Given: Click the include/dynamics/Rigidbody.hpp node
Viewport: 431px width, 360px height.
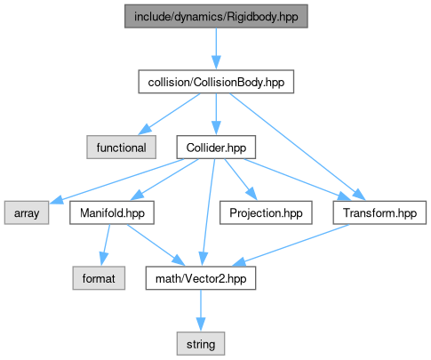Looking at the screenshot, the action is tap(216, 16).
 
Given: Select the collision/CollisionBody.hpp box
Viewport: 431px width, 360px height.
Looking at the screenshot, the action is tap(216, 82).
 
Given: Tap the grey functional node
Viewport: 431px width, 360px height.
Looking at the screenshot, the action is tap(121, 148).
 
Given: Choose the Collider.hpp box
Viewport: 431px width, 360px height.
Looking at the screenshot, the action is tap(216, 148).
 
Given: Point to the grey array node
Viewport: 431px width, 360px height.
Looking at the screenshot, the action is tap(27, 212).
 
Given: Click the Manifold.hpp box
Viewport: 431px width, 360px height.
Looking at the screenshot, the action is tap(112, 212).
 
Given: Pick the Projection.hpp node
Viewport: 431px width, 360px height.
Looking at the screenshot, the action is tap(266, 212).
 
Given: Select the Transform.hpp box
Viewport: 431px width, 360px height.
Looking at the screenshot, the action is tap(379, 212).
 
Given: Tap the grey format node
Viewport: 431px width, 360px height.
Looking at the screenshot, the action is tap(99, 278).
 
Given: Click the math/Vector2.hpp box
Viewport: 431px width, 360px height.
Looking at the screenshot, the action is tap(201, 278).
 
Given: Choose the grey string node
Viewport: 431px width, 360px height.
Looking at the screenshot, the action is tap(201, 344).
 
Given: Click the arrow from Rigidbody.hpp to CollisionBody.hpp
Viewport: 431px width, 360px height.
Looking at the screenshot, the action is tap(216, 49).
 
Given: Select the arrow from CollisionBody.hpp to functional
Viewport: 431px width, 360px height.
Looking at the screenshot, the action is tap(169, 114).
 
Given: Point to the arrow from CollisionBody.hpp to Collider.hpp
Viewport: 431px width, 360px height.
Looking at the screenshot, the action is tap(216, 115).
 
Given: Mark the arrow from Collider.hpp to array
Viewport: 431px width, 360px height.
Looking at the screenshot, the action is tap(116, 180).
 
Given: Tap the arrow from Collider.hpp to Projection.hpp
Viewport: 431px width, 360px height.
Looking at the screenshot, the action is tap(240, 180).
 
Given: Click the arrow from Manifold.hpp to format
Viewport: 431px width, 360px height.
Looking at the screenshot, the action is tap(105, 244).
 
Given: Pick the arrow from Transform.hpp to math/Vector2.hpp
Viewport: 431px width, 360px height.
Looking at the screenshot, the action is tap(291, 244).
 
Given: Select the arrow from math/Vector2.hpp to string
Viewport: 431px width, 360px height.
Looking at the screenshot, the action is tap(201, 310).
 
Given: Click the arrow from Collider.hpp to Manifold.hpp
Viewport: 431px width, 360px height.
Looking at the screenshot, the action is tap(164, 180).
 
